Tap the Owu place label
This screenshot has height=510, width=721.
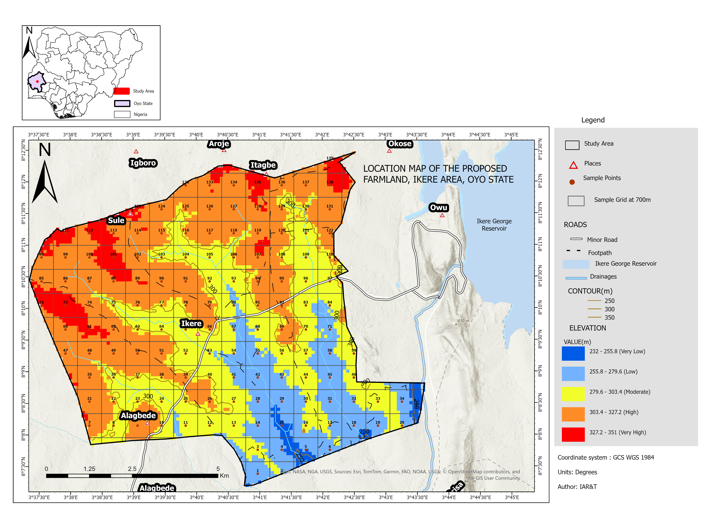pos(438,208)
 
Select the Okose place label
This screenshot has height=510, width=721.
pos(399,144)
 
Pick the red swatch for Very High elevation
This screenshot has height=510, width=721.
pos(573,434)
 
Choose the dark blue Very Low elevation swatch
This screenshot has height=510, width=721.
pos(573,353)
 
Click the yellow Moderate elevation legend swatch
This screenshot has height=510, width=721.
pos(573,394)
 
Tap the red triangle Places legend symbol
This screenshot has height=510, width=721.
pos(573,165)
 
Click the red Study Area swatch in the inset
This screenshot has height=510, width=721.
pos(121,91)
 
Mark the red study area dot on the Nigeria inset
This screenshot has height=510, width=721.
pos(37,81)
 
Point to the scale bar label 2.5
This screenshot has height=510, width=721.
pos(132,469)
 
